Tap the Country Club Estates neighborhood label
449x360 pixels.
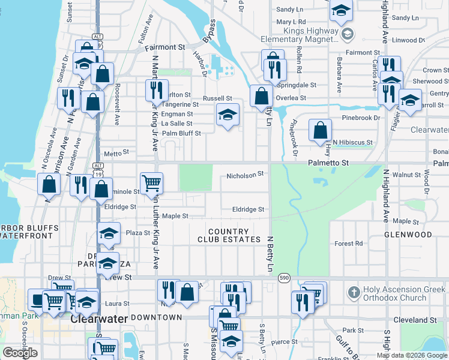coord(228,235)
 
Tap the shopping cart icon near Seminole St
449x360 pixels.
coord(151,182)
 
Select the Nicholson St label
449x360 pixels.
coord(245,175)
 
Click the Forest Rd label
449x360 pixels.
coord(349,244)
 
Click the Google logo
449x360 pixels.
coord(20,353)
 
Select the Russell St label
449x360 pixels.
coord(217,98)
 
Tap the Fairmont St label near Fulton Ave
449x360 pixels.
coord(167,47)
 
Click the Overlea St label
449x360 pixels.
coord(291,98)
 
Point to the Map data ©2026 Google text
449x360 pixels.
coord(412,355)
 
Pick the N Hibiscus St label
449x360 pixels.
coord(353,143)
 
